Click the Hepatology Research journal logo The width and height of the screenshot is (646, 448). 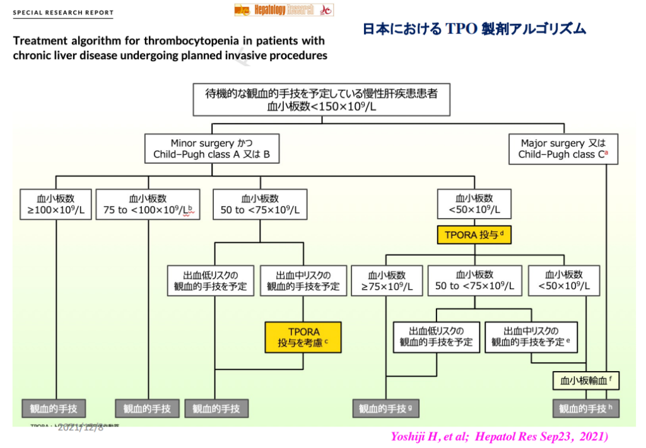pyautogui.click(x=283, y=9)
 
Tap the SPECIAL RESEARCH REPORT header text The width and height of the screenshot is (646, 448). pyautogui.click(x=63, y=13)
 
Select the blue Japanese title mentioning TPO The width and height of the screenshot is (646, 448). pyautogui.click(x=474, y=29)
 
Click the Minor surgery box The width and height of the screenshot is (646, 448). pyautogui.click(x=211, y=149)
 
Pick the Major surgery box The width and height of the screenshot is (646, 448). pyautogui.click(x=563, y=149)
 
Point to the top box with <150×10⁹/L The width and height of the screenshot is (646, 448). pyautogui.click(x=321, y=100)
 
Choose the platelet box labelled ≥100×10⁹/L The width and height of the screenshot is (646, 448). pyautogui.click(x=56, y=204)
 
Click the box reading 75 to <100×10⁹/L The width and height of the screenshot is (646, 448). pyautogui.click(x=148, y=204)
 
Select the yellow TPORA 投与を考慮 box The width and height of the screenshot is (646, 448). pyautogui.click(x=303, y=337)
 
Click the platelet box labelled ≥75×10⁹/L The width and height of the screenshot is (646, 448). pyautogui.click(x=387, y=280)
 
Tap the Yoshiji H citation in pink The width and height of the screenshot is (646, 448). pyautogui.click(x=500, y=436)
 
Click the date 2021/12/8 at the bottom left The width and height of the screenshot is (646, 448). pyautogui.click(x=80, y=428)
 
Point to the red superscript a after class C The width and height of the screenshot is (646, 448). pyautogui.click(x=606, y=153)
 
